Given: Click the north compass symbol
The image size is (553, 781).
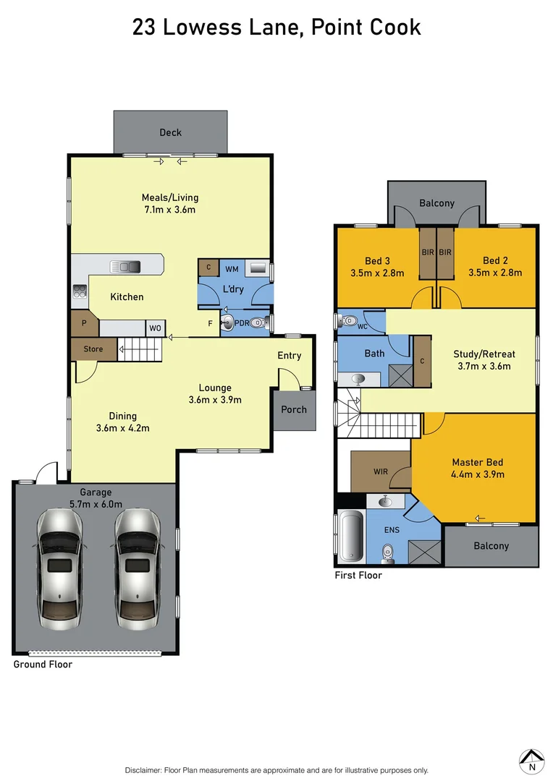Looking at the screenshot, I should click(532, 759).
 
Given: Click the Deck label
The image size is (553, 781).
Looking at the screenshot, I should click(170, 132).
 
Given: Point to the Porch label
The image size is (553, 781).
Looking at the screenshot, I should click(294, 409).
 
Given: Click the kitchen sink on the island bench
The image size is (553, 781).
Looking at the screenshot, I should click(124, 267).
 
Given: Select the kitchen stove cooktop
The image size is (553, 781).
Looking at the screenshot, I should click(79, 293).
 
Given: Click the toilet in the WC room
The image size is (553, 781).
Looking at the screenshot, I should click(350, 319).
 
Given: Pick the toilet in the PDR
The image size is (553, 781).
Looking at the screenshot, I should click(256, 324).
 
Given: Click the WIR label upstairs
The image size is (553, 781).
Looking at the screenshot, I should click(380, 471).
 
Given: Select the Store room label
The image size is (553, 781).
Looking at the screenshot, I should click(93, 349).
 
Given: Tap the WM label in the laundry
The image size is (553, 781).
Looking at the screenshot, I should click(232, 269).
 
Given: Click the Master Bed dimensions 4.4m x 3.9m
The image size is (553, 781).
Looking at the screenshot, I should click(478, 474).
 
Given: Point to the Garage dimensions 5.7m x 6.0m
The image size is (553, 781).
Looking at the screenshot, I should click(96, 504).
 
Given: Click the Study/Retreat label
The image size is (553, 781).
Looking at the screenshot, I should click(484, 354).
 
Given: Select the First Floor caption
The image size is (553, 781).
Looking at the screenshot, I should click(358, 576).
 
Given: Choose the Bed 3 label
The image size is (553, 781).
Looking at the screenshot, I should click(377, 261).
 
